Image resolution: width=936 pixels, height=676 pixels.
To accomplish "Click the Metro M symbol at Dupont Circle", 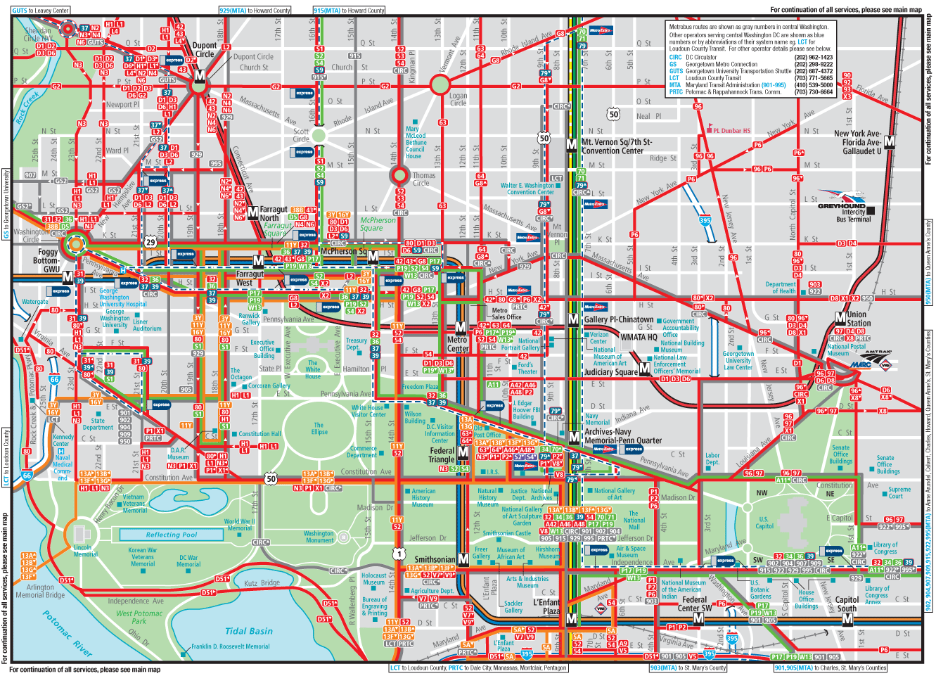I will click(x=200, y=75).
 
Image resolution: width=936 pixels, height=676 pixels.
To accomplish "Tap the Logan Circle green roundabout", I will click(x=440, y=86).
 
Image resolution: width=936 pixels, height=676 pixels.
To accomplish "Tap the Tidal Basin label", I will click(x=248, y=631).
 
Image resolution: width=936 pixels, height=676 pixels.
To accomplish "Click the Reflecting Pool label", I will click(x=172, y=535).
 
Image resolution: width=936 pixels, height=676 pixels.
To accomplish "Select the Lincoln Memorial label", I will click(x=83, y=550).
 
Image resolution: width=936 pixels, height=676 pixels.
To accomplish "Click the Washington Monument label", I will click(x=319, y=537).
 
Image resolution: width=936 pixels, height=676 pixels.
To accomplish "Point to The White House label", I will click(x=312, y=369).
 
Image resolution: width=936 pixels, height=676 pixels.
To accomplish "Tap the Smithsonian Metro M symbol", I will click(x=463, y=559).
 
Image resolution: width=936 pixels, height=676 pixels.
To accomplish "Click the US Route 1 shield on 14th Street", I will click(x=399, y=554).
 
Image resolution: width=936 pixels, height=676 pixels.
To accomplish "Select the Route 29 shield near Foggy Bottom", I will click(x=150, y=242).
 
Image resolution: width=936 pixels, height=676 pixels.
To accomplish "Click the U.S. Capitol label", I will click(x=764, y=523).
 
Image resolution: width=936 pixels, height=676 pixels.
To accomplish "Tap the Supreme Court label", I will click(x=899, y=492).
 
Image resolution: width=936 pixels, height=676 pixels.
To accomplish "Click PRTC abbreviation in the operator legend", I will click(x=676, y=92).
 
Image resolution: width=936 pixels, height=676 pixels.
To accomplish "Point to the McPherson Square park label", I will click(x=378, y=224).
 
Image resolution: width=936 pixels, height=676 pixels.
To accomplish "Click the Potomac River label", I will click(x=68, y=634).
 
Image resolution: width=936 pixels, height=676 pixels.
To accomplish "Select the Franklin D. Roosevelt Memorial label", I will click(x=230, y=646).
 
